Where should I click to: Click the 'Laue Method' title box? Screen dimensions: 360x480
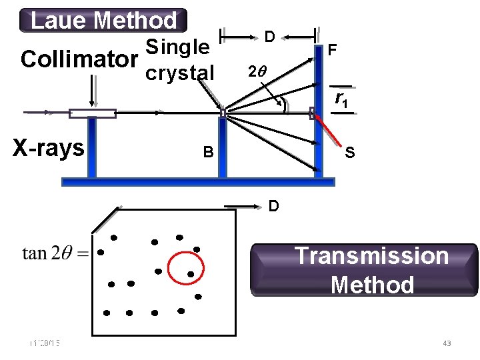(103, 21)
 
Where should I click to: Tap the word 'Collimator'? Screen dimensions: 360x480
(75, 59)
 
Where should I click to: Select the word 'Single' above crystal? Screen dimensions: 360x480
(177, 47)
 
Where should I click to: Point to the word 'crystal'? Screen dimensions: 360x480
(180, 72)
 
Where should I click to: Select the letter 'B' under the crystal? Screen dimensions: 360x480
(209, 153)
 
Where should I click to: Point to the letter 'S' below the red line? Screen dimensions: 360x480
(349, 153)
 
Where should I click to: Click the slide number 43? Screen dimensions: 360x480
(447, 343)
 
